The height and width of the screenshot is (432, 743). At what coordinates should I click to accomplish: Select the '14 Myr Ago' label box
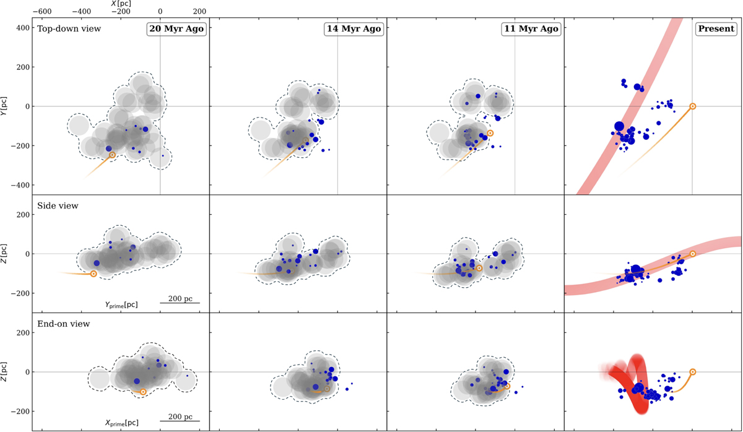coord(353,28)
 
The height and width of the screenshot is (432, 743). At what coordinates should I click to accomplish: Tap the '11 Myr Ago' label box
coord(531,28)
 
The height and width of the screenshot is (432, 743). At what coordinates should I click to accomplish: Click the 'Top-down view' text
coord(69,28)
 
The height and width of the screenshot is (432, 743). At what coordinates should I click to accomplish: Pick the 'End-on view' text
coord(64,323)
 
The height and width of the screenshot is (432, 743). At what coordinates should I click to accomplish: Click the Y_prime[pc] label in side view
coord(121,305)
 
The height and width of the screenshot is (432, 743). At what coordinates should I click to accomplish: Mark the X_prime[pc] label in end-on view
coord(121,423)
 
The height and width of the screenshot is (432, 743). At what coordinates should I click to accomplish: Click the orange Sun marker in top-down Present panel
coord(692,106)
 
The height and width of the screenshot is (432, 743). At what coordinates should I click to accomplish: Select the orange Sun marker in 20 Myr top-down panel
coord(112,155)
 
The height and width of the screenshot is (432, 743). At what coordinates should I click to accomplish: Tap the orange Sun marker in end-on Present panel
coord(692,372)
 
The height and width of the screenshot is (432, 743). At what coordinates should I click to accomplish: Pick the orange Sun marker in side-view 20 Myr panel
coord(93,274)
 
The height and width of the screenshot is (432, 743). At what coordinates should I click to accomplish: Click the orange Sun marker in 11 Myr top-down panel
coord(490,133)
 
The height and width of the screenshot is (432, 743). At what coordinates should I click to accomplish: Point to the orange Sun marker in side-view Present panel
coord(692,254)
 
